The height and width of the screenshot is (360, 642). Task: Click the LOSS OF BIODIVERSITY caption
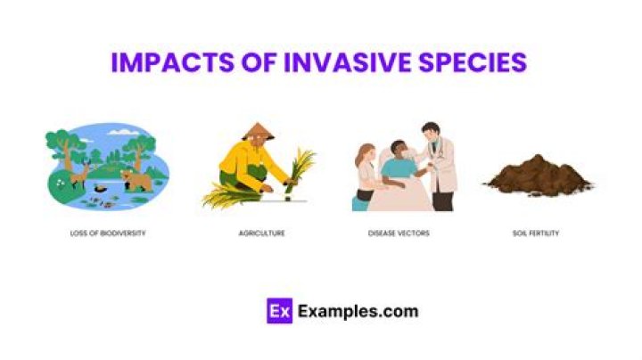tap(108, 233)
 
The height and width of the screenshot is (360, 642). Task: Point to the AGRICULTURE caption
tap(261, 233)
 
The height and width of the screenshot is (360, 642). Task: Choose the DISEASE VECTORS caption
tap(399, 233)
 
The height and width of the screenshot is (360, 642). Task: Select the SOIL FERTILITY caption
tap(536, 233)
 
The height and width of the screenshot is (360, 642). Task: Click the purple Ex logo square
tap(279, 311)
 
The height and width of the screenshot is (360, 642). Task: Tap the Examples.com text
tap(358, 311)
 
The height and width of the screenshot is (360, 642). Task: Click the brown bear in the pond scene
tap(136, 179)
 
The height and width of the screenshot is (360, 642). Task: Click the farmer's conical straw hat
tap(258, 130)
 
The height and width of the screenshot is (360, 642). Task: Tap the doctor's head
tap(430, 133)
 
